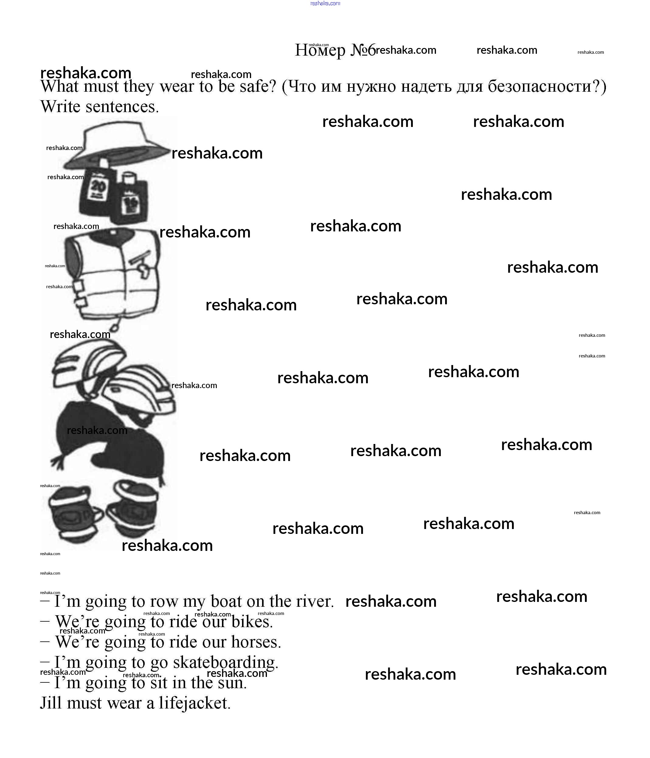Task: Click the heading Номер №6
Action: click(335, 50)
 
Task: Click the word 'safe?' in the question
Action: click(258, 87)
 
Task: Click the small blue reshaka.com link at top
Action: click(325, 3)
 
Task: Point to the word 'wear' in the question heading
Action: click(177, 87)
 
